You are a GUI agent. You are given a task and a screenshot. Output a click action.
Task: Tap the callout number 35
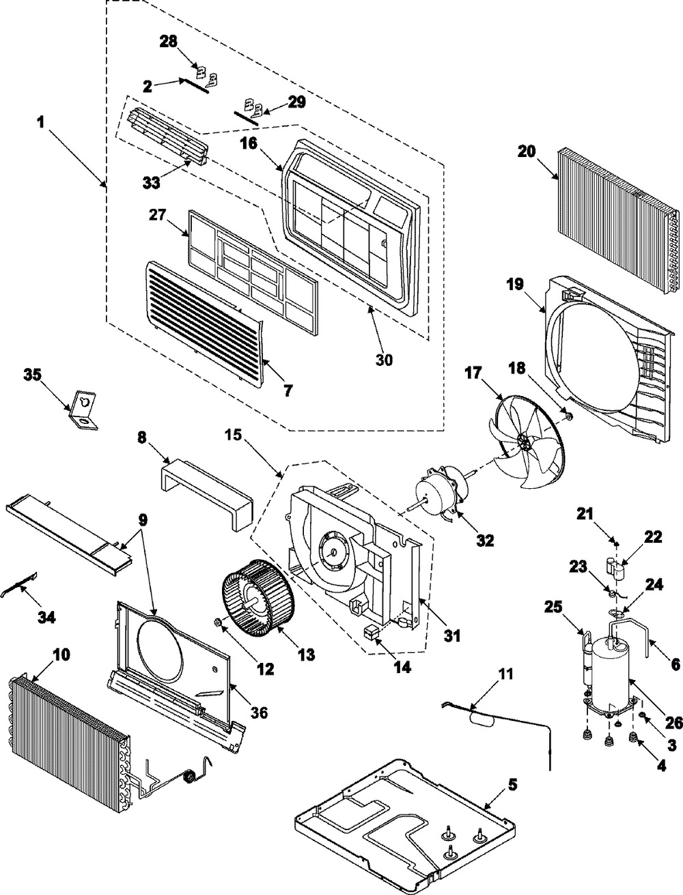(33, 374)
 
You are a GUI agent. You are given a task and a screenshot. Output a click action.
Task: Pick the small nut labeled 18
(568, 415)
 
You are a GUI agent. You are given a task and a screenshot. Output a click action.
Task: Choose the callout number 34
(46, 619)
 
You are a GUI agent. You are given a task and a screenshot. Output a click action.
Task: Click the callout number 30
(385, 358)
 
